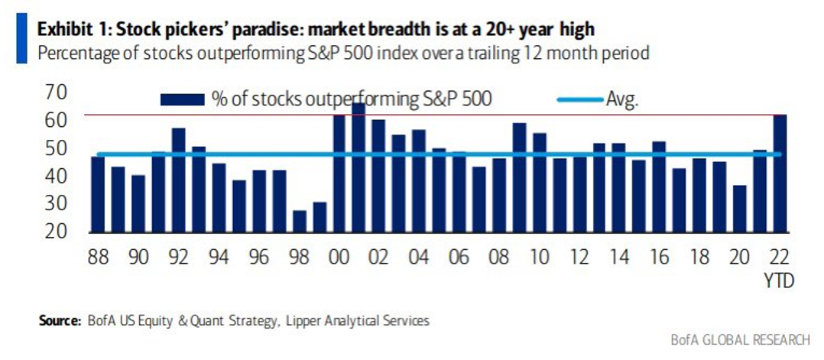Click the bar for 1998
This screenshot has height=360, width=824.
pos(300,221)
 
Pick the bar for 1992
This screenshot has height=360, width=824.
pos(179,180)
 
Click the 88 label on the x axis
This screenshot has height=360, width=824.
pos(97,257)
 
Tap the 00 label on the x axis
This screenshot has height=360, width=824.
pos(339,257)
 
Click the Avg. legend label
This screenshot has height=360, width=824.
pos(622,99)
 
